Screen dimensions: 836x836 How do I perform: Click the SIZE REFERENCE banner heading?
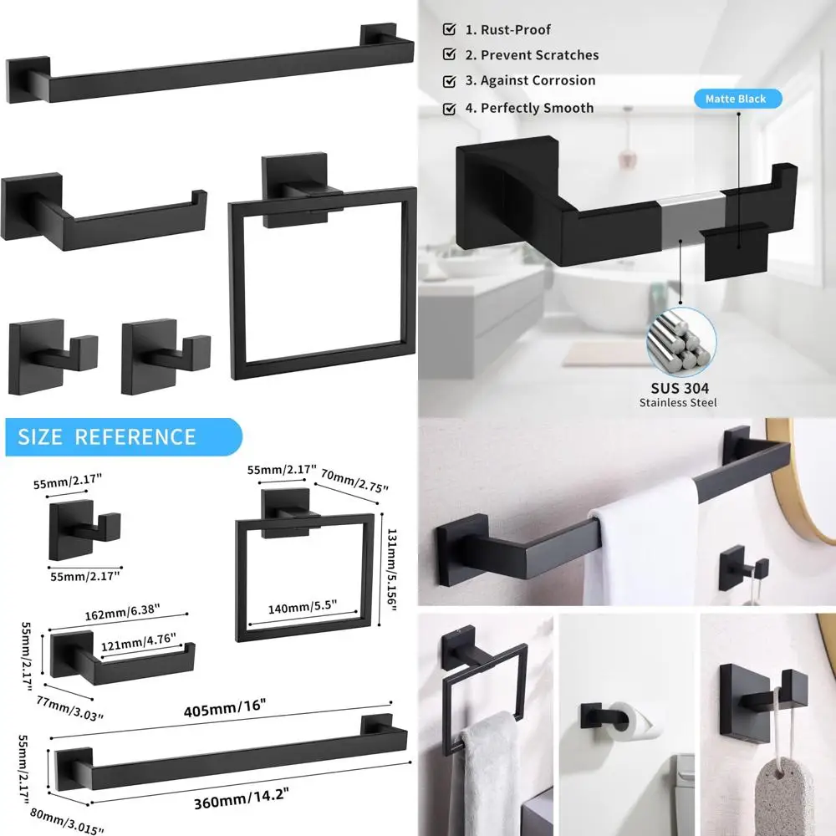pyautogui.click(x=107, y=436)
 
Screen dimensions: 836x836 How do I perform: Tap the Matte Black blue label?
pyautogui.click(x=735, y=99)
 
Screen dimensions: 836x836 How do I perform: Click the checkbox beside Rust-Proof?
pyautogui.click(x=450, y=30)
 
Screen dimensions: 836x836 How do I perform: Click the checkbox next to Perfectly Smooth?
pyautogui.click(x=450, y=108)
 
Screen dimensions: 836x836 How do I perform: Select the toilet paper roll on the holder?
pyautogui.click(x=645, y=720)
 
